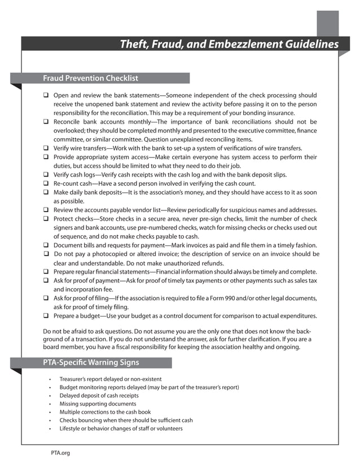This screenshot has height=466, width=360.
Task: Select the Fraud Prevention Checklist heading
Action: click(x=90, y=78)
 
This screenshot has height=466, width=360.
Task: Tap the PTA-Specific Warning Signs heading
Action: click(x=91, y=363)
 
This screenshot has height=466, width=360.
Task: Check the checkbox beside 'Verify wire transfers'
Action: click(x=46, y=148)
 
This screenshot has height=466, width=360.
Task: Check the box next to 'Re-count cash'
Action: click(x=46, y=183)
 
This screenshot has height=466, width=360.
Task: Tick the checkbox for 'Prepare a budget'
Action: click(x=46, y=315)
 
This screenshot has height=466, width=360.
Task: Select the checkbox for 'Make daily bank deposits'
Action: click(x=46, y=192)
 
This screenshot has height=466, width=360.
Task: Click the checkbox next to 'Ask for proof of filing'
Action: click(x=46, y=298)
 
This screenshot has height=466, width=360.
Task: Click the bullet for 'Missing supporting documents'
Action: click(x=50, y=404)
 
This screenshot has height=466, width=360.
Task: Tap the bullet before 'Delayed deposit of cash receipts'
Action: click(x=50, y=396)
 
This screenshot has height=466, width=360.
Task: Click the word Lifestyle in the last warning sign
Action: click(x=71, y=429)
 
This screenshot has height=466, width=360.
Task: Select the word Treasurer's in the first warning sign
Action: click(x=73, y=379)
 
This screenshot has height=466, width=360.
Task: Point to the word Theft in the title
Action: click(x=134, y=45)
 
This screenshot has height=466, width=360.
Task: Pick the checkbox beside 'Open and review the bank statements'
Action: click(x=46, y=96)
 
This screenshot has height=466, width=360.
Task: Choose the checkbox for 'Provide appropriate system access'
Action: click(x=46, y=157)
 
